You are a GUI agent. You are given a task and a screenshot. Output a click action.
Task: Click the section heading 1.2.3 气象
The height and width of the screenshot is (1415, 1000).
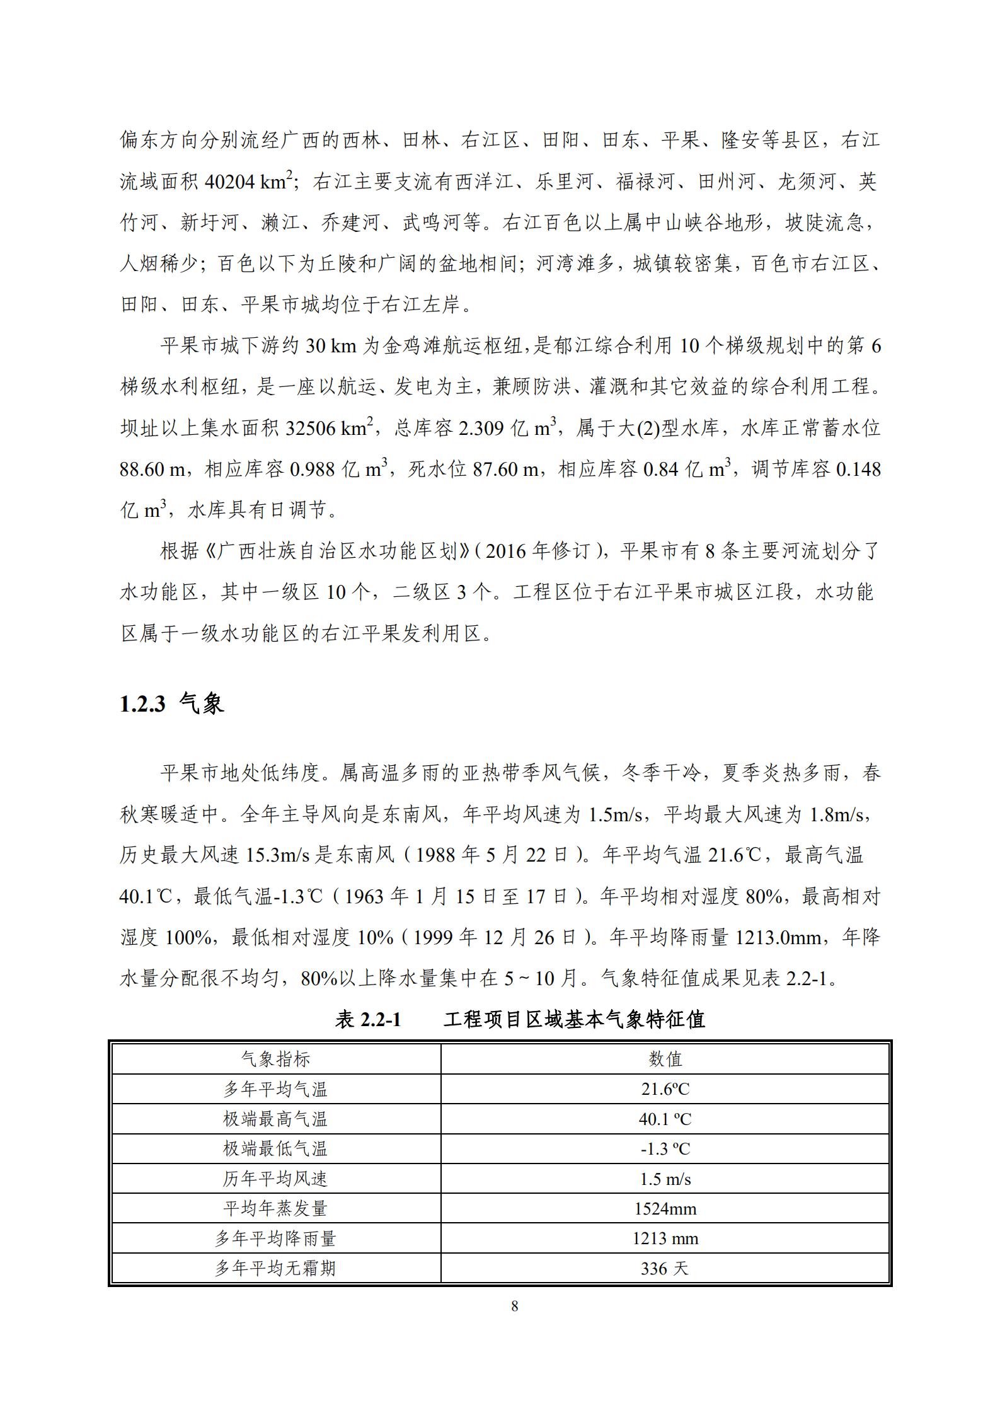(x=171, y=703)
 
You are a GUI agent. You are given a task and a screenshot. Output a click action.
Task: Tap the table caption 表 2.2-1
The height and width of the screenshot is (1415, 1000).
(x=368, y=1019)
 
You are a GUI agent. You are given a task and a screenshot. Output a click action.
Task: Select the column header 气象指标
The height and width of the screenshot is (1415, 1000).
(x=275, y=1059)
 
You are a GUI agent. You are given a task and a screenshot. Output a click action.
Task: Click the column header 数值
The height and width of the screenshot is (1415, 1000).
(x=665, y=1059)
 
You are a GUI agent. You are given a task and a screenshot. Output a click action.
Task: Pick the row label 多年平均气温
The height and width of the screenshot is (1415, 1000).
(x=275, y=1089)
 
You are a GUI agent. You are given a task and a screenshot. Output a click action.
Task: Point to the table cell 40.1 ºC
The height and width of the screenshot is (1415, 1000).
(x=665, y=1119)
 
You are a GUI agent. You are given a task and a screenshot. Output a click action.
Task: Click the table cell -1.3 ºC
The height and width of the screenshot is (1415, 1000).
(x=665, y=1148)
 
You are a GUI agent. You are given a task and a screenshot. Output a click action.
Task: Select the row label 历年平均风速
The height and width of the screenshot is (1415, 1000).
(x=275, y=1179)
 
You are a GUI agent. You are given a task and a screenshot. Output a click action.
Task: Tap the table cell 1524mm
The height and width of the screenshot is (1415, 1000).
(x=665, y=1208)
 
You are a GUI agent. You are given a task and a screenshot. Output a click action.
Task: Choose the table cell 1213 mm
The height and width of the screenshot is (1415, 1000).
(x=665, y=1239)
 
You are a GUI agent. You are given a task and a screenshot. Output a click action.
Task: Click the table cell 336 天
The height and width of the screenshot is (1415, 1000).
(x=665, y=1268)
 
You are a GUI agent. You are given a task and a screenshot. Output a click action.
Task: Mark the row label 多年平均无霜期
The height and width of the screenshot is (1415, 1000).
(x=275, y=1268)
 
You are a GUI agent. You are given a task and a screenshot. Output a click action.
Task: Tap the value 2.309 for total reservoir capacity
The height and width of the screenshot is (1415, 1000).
(x=481, y=429)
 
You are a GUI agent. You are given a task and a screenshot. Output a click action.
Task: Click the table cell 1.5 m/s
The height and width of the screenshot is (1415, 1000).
(x=665, y=1179)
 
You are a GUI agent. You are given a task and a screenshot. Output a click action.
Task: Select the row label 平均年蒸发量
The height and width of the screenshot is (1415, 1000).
(x=275, y=1208)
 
